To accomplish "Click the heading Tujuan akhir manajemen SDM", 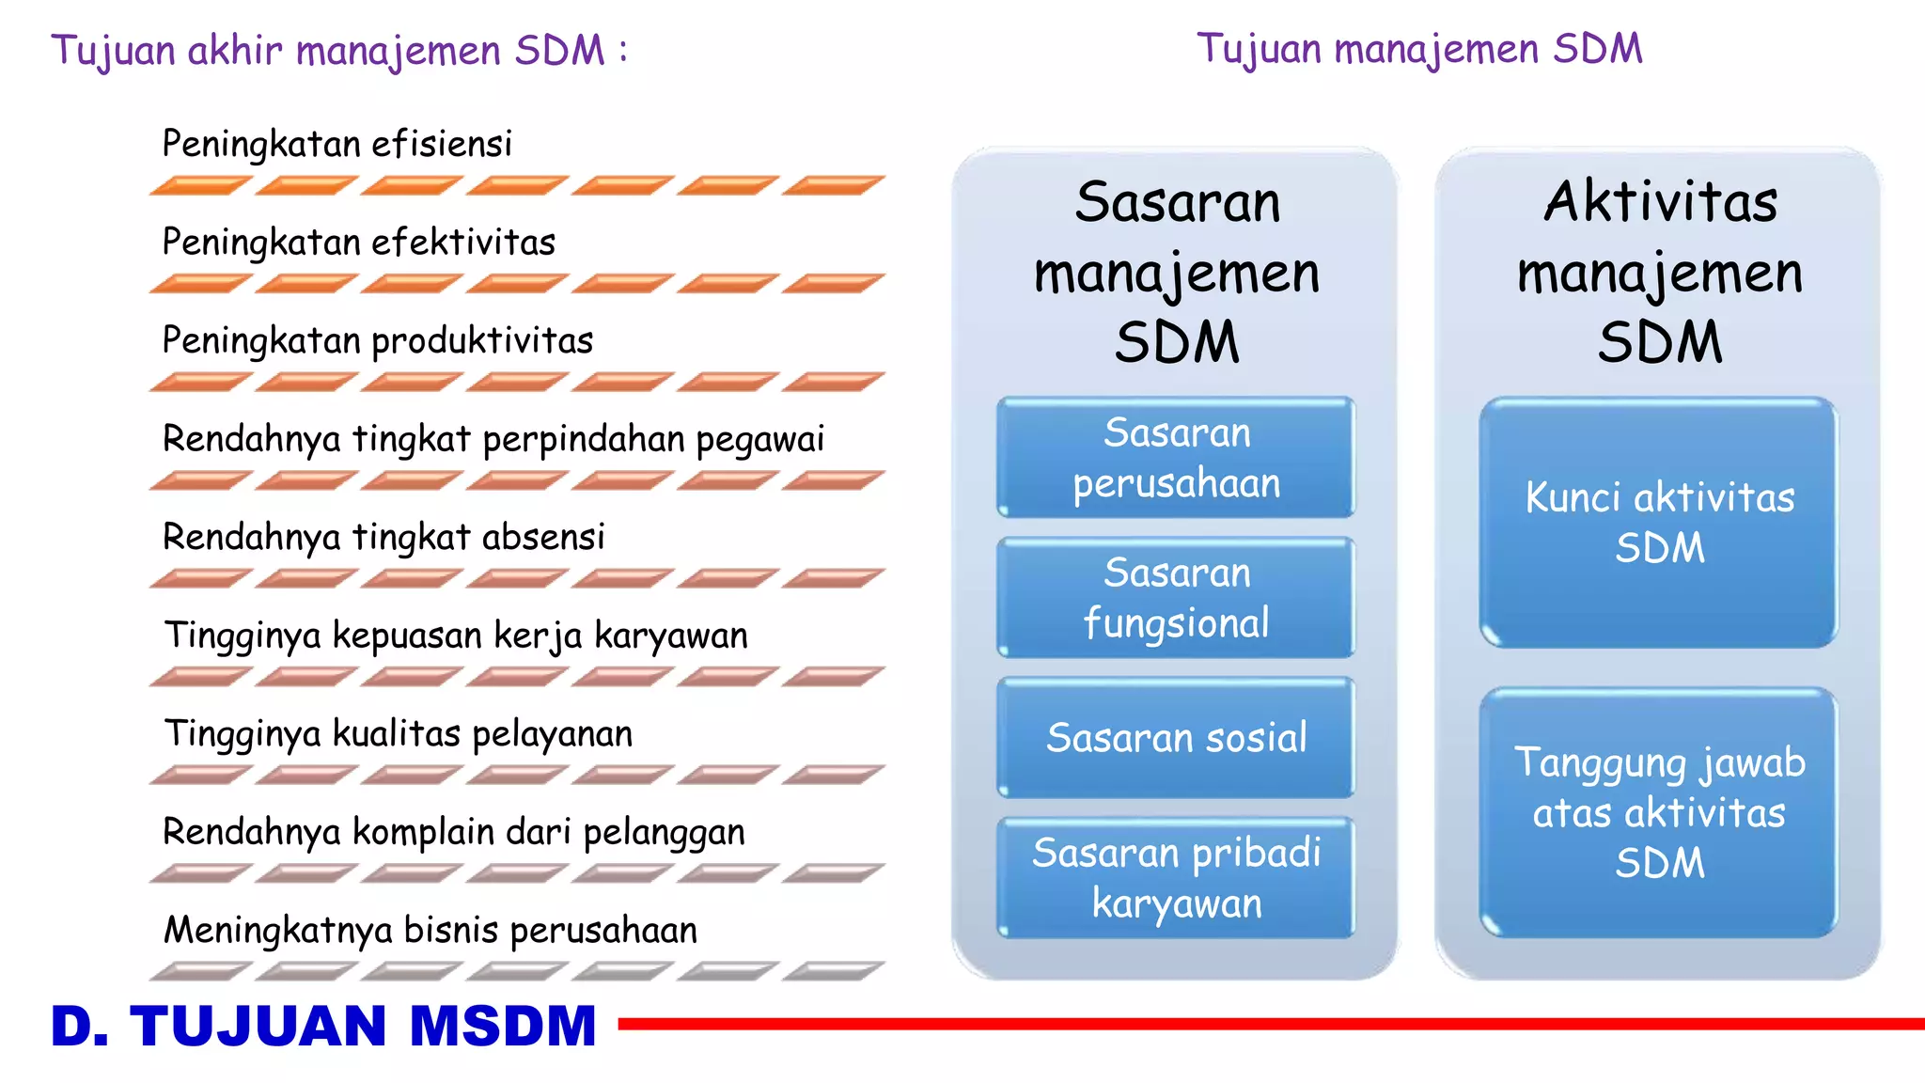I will point(338,51).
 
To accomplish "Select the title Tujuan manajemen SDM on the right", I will point(1419,49).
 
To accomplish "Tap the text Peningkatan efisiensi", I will point(336,145).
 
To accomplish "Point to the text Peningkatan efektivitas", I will point(358,243).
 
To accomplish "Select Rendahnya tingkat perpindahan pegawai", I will point(493,439).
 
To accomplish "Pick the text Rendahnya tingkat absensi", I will point(383,538).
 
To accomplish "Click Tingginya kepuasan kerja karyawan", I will point(456,636).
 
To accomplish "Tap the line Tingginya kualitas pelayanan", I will point(398,734).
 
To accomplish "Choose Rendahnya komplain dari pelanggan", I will point(453,833).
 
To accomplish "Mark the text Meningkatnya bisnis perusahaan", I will point(430,931).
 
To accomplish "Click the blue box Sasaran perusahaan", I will point(1176,458).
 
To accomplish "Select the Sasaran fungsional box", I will point(1176,598).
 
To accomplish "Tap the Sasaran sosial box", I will point(1176,738).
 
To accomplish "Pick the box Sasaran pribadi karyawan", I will point(1176,878).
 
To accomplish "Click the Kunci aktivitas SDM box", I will point(1659,523).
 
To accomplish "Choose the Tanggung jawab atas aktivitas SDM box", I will point(1659,812).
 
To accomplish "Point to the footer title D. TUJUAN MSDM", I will point(323,1026).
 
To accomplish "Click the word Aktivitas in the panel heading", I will point(1660,202).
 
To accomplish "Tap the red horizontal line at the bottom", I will point(1269,1024).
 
